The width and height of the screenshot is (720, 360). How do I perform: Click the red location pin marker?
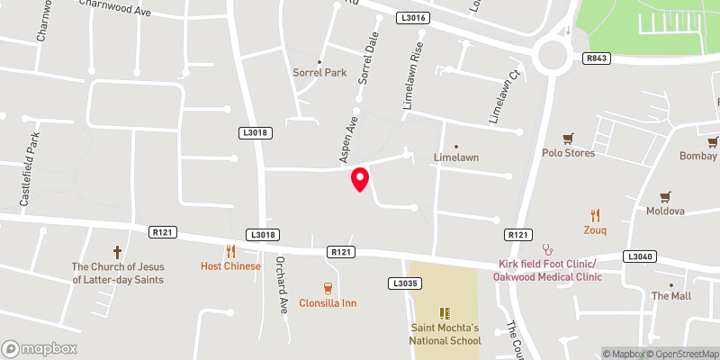360,179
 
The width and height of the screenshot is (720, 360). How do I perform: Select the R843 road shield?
596,58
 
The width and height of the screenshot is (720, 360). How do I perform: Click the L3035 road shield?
404,283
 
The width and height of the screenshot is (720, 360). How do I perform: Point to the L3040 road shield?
638,256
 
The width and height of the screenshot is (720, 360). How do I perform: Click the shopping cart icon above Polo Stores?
568,139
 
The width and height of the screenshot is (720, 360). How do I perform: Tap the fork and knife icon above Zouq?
595,215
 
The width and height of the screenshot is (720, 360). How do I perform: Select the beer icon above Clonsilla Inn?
328,288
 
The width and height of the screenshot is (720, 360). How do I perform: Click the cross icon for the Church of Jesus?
117,252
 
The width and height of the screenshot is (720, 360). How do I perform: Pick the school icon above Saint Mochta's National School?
444,313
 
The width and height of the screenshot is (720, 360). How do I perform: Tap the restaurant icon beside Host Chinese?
230,252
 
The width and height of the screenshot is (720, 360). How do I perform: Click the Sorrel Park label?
319,72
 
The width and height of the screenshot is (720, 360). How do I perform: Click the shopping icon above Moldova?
665,196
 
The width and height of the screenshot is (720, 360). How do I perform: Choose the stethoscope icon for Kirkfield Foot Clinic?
545,248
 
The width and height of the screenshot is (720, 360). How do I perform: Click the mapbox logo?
40,348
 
